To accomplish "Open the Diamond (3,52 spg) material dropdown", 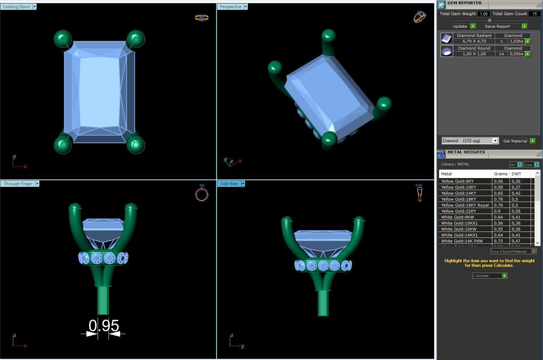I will [495, 141].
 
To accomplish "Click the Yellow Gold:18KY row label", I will [458, 199].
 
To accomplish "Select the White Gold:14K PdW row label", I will [462, 241].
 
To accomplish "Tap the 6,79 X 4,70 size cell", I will [474, 42].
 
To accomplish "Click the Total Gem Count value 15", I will [535, 14].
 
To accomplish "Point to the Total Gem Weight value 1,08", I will [483, 14].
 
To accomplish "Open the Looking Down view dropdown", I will [35, 7].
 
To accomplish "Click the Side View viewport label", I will [229, 184].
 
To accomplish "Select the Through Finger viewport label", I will [18, 184].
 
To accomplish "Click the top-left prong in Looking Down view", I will [63, 39].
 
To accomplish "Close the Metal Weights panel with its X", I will [538, 154].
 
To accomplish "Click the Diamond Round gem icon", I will [447, 51].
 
